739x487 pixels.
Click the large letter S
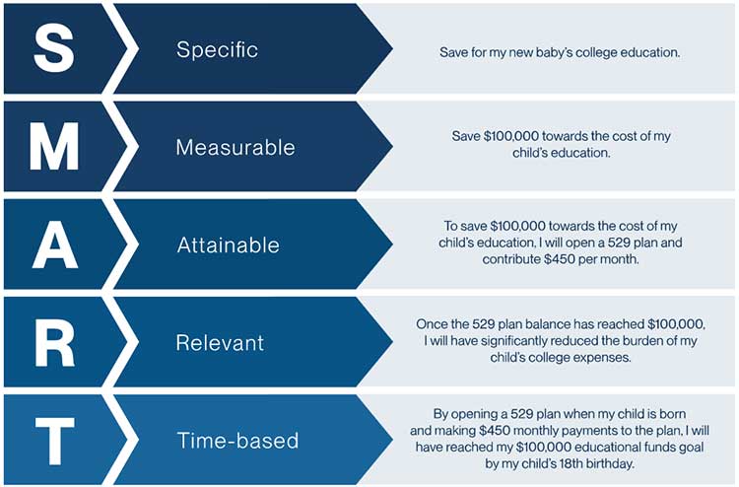tap(54, 48)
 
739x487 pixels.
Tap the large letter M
tap(54, 146)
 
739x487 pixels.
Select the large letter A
tap(54, 244)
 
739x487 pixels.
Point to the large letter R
tap(54, 342)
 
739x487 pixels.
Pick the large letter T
tap(54, 440)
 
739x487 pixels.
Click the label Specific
tap(218, 49)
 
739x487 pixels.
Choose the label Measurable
tap(235, 147)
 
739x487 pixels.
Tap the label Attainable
tap(229, 245)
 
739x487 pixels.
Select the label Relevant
tap(220, 343)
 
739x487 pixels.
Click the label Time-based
tap(237, 441)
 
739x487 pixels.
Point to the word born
tap(673, 414)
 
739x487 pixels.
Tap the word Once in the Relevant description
tap(430, 324)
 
